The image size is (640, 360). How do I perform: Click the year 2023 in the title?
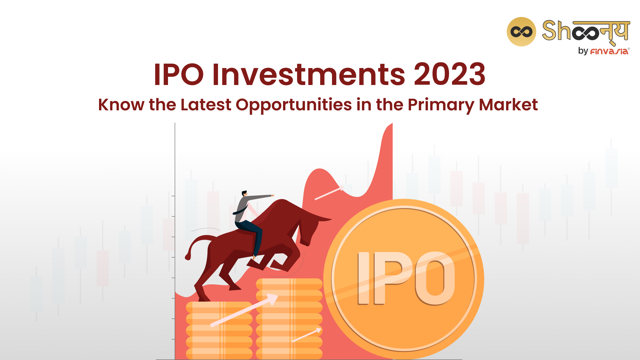(x=450, y=74)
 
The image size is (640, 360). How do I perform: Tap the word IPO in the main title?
(x=179, y=74)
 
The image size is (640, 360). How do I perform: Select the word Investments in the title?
(x=309, y=74)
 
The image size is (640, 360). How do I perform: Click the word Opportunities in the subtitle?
(x=294, y=105)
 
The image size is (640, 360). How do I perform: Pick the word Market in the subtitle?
(x=508, y=105)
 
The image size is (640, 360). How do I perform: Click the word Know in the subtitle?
(x=121, y=105)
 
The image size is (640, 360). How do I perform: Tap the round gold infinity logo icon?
(x=521, y=32)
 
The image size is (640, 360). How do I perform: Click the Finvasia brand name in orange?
(x=609, y=51)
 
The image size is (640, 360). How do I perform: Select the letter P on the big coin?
(x=394, y=277)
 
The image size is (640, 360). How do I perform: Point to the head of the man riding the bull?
(x=244, y=194)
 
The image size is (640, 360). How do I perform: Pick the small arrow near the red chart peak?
(x=329, y=193)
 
